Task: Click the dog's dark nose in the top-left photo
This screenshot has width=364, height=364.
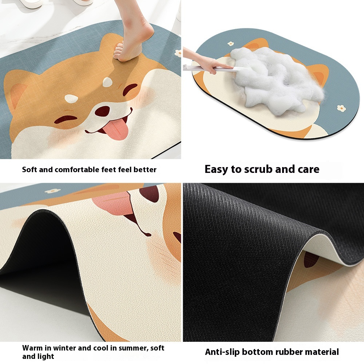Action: (x=102, y=111)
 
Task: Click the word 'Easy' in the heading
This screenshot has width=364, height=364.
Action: (x=216, y=170)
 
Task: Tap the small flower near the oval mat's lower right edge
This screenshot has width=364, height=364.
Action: (x=341, y=108)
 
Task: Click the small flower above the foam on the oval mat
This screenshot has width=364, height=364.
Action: (x=230, y=43)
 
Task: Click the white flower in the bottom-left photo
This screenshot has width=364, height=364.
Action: (x=52, y=191)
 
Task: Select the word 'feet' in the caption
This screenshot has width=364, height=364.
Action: (x=109, y=170)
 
